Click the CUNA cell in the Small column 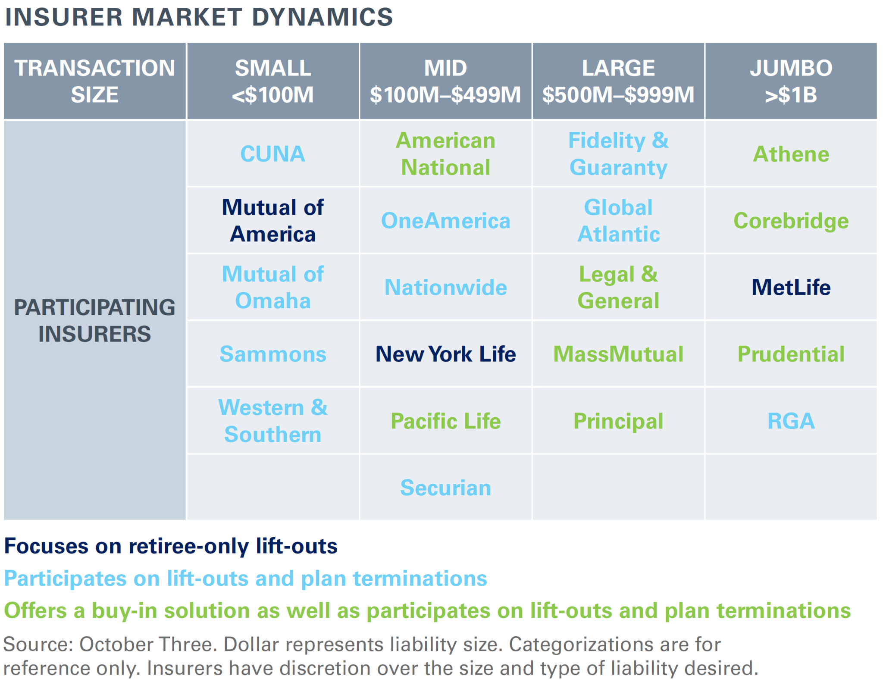(x=272, y=154)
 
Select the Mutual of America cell (x=272, y=221)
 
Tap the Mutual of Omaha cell (x=272, y=288)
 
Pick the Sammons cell (x=272, y=354)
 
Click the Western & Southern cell (x=272, y=421)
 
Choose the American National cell (x=445, y=154)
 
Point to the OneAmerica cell (x=445, y=221)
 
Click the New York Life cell (x=445, y=354)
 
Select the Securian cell (x=445, y=488)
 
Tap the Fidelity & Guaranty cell (x=618, y=154)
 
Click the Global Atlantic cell (x=618, y=221)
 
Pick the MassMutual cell (x=618, y=354)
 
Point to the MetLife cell (x=791, y=288)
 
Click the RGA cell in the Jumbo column (x=791, y=421)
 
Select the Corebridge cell (x=791, y=221)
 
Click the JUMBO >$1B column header (x=791, y=81)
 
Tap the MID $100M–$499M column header (x=445, y=81)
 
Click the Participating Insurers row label (x=94, y=320)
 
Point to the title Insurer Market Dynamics (x=199, y=17)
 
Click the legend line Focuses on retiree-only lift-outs (x=171, y=546)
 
